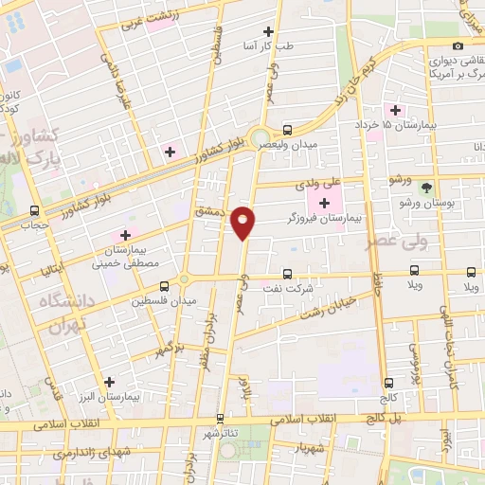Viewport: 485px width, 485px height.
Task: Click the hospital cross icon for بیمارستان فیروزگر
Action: point(325,203)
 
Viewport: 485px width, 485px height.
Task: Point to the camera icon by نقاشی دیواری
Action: point(458,46)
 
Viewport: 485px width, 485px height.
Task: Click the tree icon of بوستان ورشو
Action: point(425,187)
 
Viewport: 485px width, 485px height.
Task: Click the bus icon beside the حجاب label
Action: point(35,210)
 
